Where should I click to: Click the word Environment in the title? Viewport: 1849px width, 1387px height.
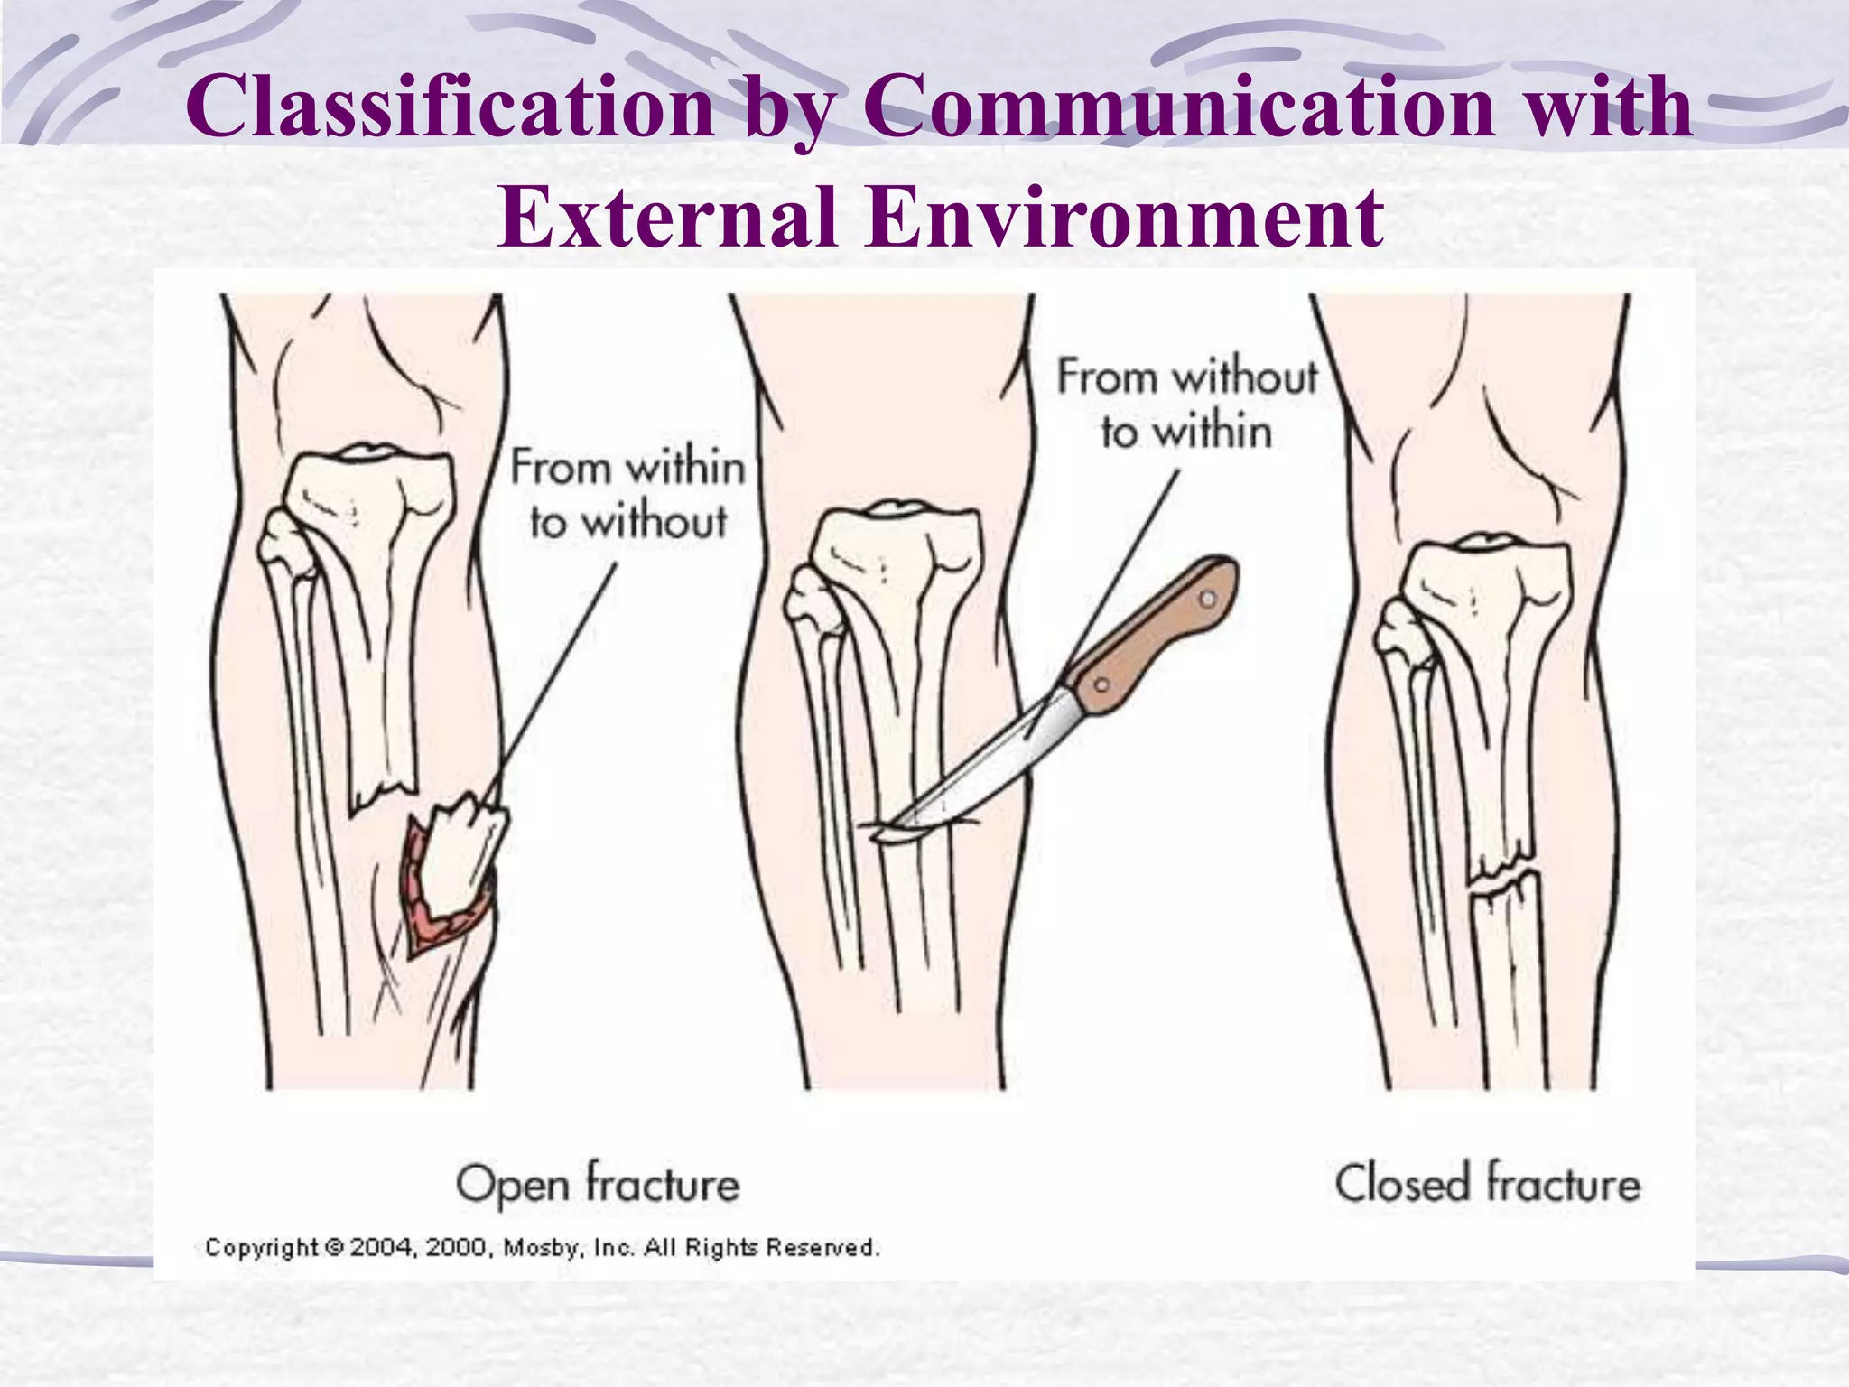click(1123, 219)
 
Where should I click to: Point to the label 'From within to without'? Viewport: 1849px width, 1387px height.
click(628, 495)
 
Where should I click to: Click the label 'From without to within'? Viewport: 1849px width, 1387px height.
click(1186, 404)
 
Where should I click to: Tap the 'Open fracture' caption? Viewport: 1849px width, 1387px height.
click(597, 1184)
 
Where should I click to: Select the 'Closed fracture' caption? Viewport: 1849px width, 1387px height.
click(1487, 1184)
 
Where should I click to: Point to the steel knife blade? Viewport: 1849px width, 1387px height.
click(984, 768)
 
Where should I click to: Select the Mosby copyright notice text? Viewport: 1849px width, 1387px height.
click(542, 1248)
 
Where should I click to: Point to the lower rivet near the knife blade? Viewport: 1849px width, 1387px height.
click(1101, 684)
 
